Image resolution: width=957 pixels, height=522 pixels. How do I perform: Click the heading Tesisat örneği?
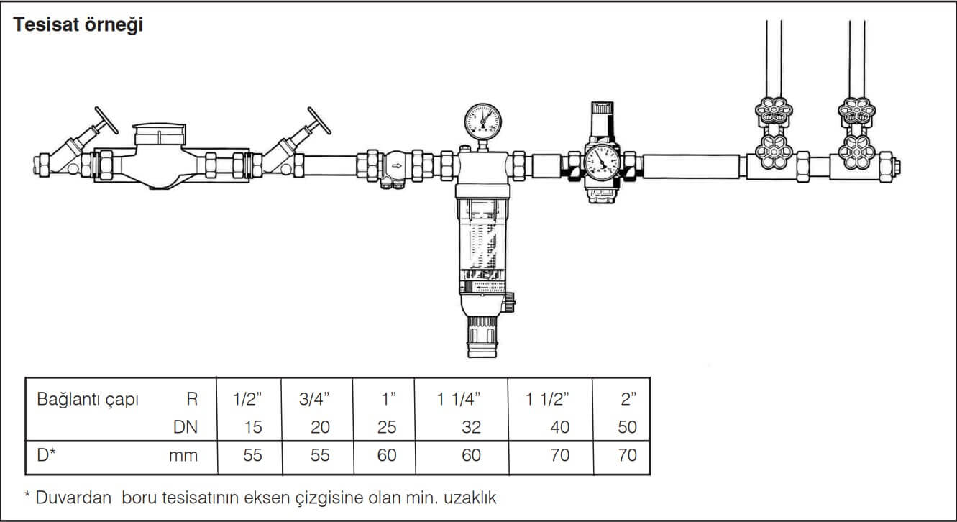click(78, 24)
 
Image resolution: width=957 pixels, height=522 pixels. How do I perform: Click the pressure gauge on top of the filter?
click(482, 122)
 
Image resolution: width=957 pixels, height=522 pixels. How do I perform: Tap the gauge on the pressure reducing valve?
click(602, 162)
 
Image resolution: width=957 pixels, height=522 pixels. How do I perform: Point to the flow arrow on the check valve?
click(397, 166)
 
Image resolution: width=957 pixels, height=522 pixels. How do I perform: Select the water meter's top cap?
click(160, 134)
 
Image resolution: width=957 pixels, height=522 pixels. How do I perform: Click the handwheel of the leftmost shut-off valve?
click(106, 120)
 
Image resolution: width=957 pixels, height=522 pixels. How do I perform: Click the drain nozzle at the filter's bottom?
click(482, 337)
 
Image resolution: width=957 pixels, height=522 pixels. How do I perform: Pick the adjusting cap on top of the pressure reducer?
click(603, 113)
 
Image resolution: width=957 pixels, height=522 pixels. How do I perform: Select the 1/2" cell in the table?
click(247, 399)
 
